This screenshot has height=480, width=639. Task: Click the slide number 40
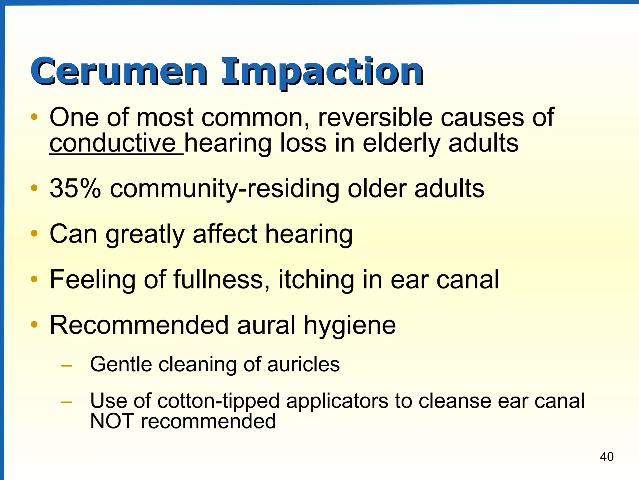pyautogui.click(x=607, y=457)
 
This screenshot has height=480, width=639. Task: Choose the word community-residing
pyautogui.click(x=225, y=188)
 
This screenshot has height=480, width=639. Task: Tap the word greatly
pyautogui.click(x=145, y=234)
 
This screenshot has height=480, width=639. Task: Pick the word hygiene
pyautogui.click(x=350, y=325)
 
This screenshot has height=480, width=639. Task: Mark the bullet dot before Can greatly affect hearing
pyautogui.click(x=34, y=233)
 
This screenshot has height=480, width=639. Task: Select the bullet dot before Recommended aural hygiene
pyautogui.click(x=34, y=324)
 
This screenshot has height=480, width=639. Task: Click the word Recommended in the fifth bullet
pyautogui.click(x=139, y=325)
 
